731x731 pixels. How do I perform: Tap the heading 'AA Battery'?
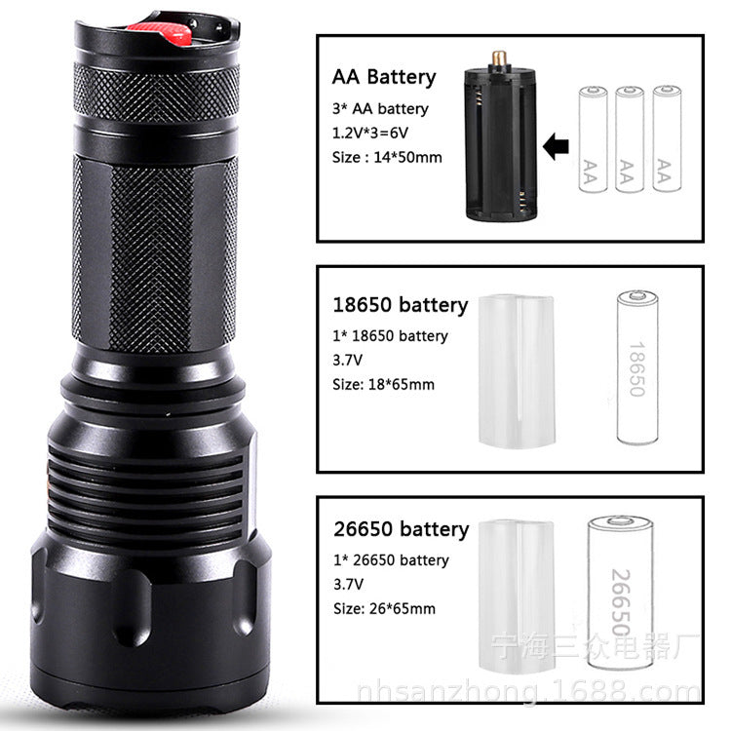coord(384,77)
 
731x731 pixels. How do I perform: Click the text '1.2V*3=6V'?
coord(373,132)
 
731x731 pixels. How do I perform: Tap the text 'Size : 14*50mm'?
coord(387,156)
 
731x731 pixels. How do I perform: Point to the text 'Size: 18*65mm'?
coord(383,384)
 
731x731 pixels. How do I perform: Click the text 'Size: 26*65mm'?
coord(383,609)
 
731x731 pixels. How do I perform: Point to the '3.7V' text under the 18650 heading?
coord(347,360)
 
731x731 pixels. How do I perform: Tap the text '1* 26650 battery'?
coord(390,560)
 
